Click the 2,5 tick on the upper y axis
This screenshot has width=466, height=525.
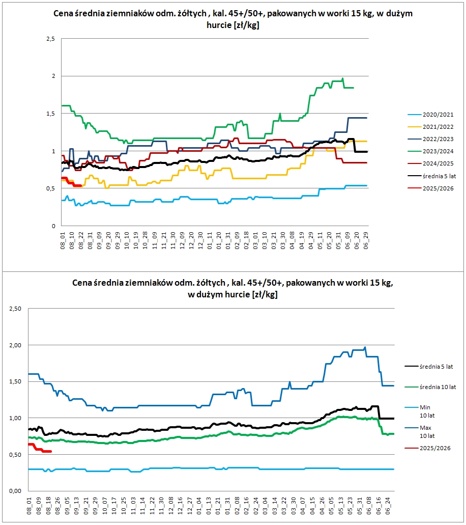pos(50,39)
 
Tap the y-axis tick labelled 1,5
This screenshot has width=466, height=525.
pos(50,114)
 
